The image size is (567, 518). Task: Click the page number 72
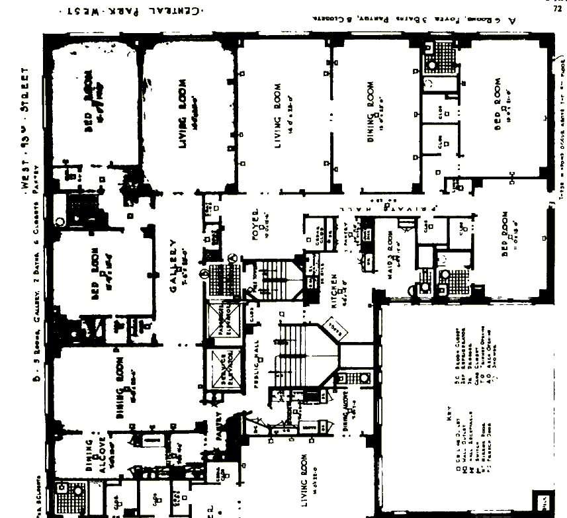pos(557,9)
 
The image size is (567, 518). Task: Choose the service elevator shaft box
pos(219,367)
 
